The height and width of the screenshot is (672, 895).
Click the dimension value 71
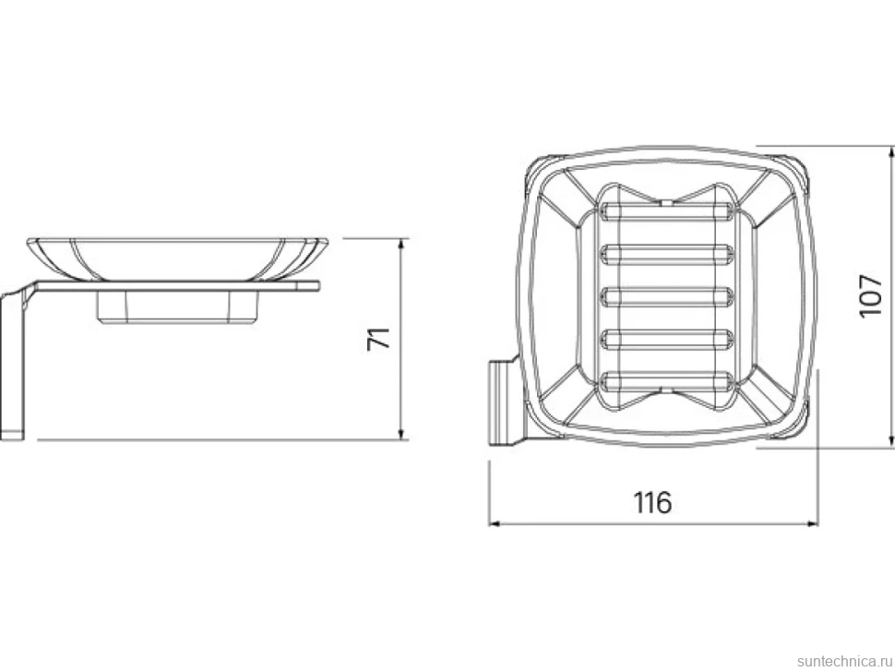[378, 339]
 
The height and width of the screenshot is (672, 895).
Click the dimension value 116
[652, 502]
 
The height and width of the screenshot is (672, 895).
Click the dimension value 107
[870, 295]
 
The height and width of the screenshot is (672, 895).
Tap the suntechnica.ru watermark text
[844, 661]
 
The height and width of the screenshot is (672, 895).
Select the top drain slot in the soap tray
[666, 211]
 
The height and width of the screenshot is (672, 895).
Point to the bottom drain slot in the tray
[666, 381]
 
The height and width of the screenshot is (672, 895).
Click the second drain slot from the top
[666, 255]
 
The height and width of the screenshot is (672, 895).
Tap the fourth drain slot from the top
[666, 339]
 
